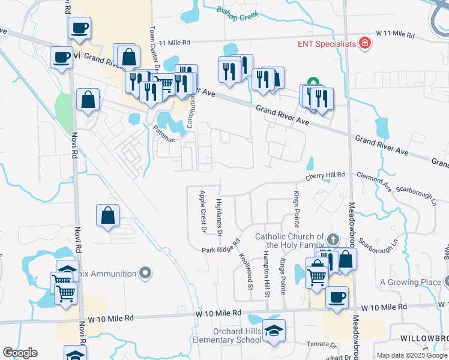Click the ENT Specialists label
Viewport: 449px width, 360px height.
[327, 44]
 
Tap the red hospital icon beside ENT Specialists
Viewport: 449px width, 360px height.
[363, 44]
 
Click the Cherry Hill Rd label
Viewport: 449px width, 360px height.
[325, 175]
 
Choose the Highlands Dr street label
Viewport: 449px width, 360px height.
[219, 217]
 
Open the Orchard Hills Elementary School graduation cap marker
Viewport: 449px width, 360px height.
[274, 331]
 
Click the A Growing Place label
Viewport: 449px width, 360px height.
[411, 282]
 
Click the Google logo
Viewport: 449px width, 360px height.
[20, 353]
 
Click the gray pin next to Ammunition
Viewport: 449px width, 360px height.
[145, 274]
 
